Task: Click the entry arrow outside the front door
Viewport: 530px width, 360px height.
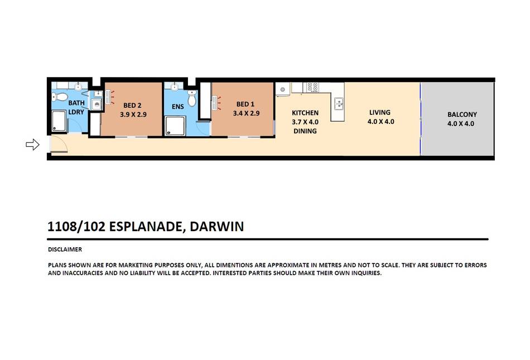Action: click(32, 145)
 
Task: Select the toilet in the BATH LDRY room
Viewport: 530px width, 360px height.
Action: click(60, 97)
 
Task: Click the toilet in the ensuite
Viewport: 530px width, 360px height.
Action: click(192, 98)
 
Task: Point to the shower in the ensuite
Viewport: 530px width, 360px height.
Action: click(175, 126)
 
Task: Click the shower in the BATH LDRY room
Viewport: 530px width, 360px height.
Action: click(59, 121)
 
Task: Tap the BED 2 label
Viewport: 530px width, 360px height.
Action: click(132, 105)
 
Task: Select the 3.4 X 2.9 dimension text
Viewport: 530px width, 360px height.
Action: click(246, 113)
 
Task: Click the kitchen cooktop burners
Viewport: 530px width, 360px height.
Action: click(312, 87)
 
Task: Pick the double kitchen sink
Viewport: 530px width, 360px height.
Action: click(339, 103)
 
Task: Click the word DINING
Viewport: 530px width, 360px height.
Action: click(305, 131)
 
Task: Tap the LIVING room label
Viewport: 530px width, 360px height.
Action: click(379, 112)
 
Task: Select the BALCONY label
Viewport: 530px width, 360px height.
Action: click(462, 114)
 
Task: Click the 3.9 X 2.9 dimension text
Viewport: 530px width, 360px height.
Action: click(133, 114)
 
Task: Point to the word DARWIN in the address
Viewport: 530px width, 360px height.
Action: click(216, 227)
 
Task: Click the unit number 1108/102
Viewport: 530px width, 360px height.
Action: click(76, 227)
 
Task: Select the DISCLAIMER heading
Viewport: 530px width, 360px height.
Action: click(65, 249)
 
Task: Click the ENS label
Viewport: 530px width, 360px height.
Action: click(178, 107)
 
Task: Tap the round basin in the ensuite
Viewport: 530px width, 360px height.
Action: click(175, 87)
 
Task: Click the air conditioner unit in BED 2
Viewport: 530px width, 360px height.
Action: click(108, 97)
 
